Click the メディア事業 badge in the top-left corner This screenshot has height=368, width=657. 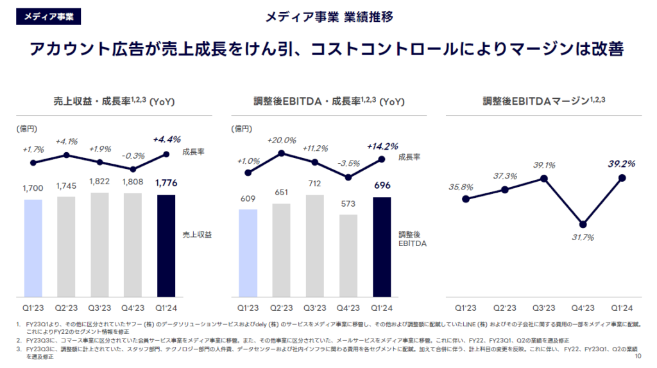pos(48,17)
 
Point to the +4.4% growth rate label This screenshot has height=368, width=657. pos(167,139)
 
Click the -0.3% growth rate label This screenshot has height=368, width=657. pos(132,155)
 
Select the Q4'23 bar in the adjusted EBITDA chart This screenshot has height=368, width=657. pos(348,255)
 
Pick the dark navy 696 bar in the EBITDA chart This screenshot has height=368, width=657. pos(382,247)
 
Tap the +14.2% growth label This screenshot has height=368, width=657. pos(383,146)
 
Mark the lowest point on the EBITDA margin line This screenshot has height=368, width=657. pos(583,224)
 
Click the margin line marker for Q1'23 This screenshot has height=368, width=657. pos(466,199)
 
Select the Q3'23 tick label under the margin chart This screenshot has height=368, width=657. pos(543,308)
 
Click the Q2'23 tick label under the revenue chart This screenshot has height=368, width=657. pos(66,308)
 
